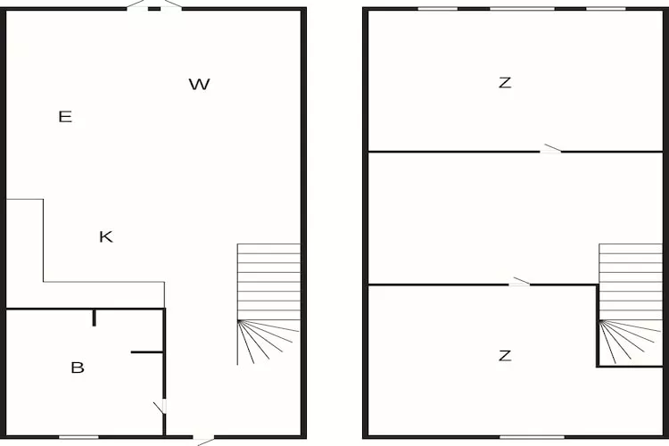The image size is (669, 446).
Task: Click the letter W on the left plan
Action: tap(199, 85)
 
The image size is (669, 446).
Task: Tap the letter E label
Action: tap(65, 116)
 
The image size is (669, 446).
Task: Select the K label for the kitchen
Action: tap(106, 236)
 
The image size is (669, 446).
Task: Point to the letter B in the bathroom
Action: tap(78, 368)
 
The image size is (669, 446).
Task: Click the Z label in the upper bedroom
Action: tap(505, 83)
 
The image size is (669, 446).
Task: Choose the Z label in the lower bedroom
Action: tap(505, 356)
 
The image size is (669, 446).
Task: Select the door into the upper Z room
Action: tap(551, 150)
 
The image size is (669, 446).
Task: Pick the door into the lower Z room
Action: tap(520, 283)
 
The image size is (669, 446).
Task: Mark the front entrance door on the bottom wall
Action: tap(205, 438)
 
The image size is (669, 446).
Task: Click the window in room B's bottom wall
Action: tap(78, 437)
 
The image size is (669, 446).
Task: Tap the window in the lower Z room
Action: tap(532, 437)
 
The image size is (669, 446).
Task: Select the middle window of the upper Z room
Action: tap(521, 9)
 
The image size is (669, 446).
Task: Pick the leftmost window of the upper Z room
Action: tap(438, 9)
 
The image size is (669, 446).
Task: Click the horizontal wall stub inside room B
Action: tap(147, 352)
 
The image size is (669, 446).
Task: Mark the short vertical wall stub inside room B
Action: tap(94, 318)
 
